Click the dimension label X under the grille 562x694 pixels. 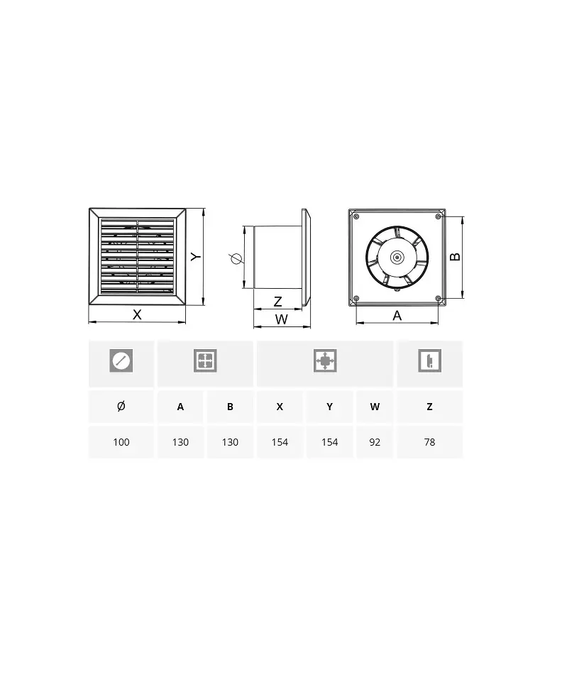click(x=137, y=314)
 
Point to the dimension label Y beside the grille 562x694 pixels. click(x=196, y=256)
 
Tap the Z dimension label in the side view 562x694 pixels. click(x=278, y=302)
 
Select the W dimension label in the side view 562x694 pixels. click(x=282, y=319)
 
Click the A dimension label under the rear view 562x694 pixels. click(x=397, y=316)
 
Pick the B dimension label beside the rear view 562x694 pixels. click(x=455, y=257)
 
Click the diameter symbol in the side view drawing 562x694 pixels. click(x=236, y=258)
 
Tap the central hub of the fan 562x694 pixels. click(x=397, y=257)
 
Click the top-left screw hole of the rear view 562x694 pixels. click(x=356, y=216)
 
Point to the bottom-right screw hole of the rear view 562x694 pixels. click(x=438, y=298)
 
